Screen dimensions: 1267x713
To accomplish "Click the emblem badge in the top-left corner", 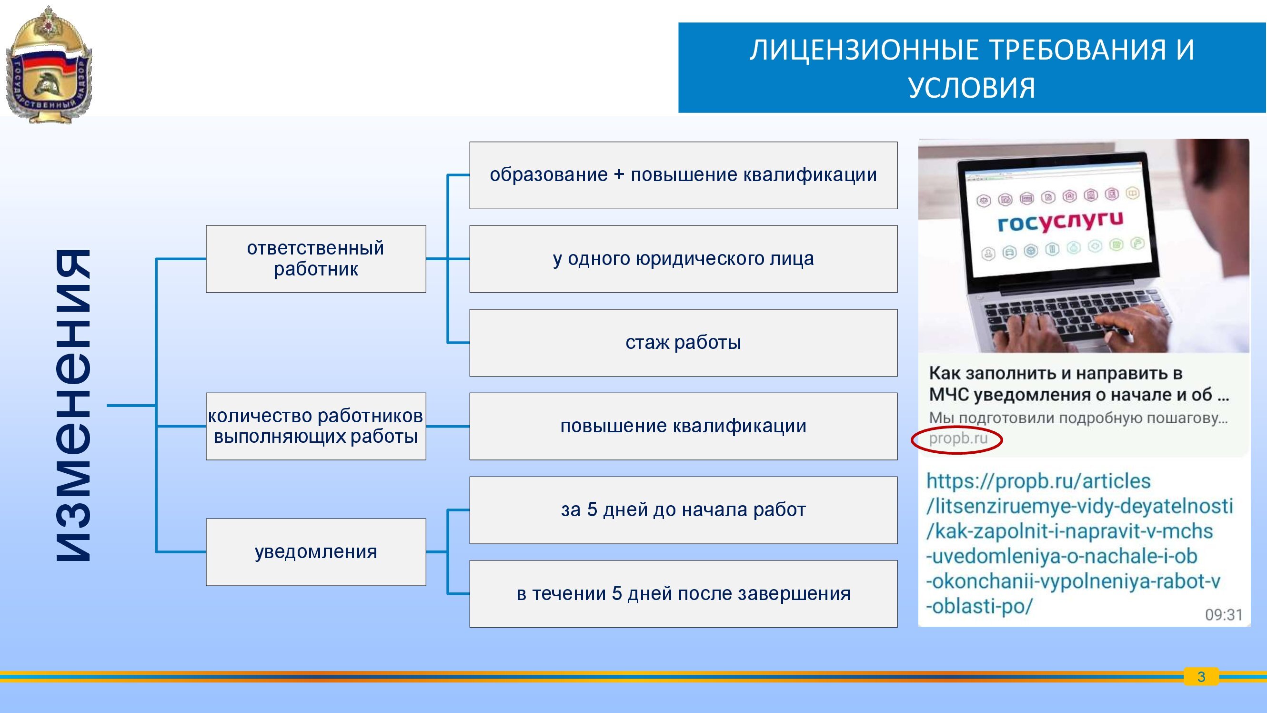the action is pyautogui.click(x=48, y=64).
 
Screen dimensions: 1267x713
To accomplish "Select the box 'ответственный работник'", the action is pyautogui.click(x=316, y=259).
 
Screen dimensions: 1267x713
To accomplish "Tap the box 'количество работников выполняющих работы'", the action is pyautogui.click(x=316, y=426).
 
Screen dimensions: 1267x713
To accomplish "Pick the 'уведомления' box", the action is pyautogui.click(x=316, y=552).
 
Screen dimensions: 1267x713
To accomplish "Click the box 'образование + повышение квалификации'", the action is pyautogui.click(x=683, y=175).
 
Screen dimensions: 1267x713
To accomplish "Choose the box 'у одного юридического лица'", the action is pyautogui.click(x=683, y=259).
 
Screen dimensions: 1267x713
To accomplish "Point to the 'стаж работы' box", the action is pyautogui.click(x=683, y=343).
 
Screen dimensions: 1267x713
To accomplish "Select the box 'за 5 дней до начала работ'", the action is pyautogui.click(x=683, y=510).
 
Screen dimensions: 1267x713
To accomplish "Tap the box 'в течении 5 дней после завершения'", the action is pyautogui.click(x=683, y=593).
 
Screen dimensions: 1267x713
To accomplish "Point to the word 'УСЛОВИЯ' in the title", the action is pyautogui.click(x=972, y=88).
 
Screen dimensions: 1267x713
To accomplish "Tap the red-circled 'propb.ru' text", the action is pyautogui.click(x=957, y=438).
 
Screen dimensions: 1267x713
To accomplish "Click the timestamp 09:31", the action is pyautogui.click(x=1224, y=615).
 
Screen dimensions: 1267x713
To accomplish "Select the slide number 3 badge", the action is pyautogui.click(x=1201, y=677).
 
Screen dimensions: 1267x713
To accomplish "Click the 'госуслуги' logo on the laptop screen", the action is pyautogui.click(x=1060, y=222).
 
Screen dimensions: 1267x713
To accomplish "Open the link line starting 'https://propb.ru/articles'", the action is pyautogui.click(x=1038, y=481).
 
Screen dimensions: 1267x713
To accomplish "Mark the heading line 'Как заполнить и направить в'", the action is pyautogui.click(x=1056, y=374).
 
